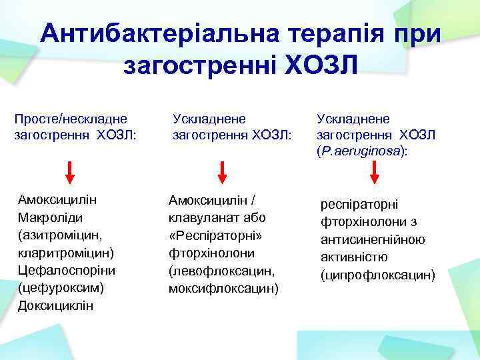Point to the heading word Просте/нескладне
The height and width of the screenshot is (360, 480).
71,118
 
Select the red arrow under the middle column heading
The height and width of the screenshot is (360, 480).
222,171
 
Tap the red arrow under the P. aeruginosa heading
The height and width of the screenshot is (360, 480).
375,171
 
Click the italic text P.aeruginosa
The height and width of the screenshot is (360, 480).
362,152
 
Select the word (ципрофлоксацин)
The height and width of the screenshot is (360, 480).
377,275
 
